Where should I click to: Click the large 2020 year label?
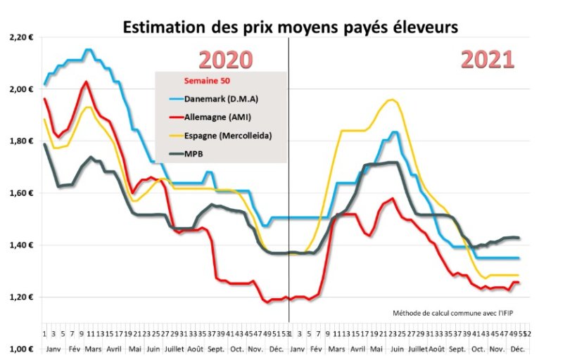[x=224, y=60]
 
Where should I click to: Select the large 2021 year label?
[x=487, y=60]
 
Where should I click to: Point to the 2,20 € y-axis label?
[x=22, y=37]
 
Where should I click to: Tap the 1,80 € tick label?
[x=22, y=141]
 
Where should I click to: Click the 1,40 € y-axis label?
[x=22, y=245]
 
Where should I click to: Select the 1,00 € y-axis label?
[x=22, y=349]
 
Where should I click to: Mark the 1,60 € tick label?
[x=22, y=193]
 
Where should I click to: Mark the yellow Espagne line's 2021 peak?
[x=391, y=100]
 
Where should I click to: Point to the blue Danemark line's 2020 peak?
[x=87, y=49]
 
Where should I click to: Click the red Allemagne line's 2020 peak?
[x=86, y=82]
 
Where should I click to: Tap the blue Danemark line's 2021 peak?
[x=394, y=132]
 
